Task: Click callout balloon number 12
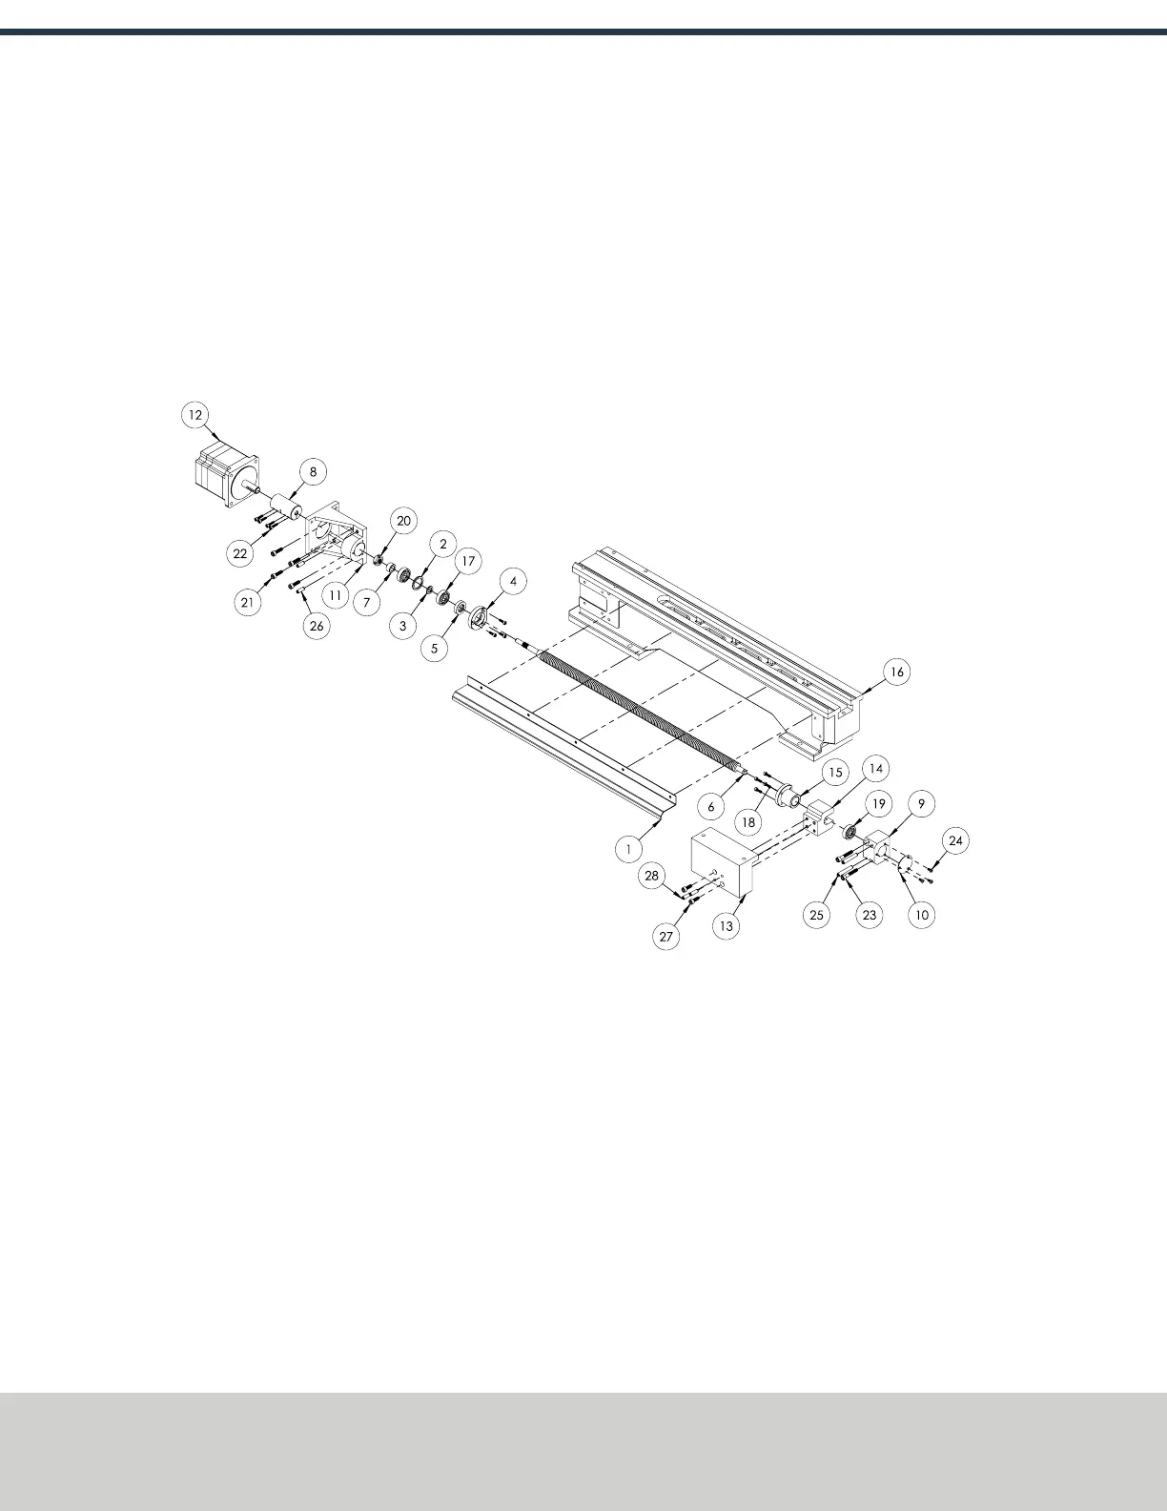[194, 415]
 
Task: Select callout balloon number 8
[313, 471]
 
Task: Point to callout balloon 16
[896, 672]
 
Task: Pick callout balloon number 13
[727, 925]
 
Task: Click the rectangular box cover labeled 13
[721, 863]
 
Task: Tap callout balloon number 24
[956, 840]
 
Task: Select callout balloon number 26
[317, 626]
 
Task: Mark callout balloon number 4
[513, 580]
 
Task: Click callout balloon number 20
[404, 521]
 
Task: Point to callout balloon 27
[666, 937]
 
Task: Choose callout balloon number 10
[922, 914]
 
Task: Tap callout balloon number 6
[710, 806]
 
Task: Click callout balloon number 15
[834, 772]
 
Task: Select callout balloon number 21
[248, 602]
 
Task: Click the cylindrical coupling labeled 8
[282, 507]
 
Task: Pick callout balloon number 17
[468, 561]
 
